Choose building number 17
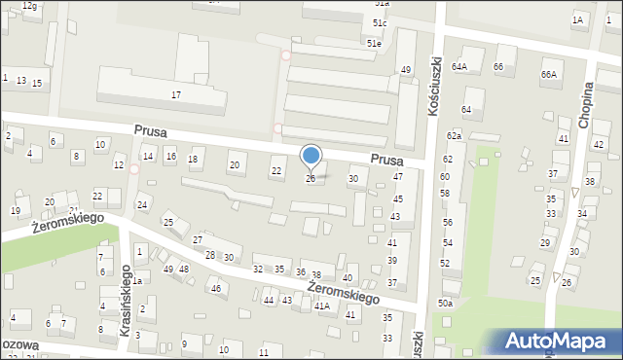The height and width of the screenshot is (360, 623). click(176, 94)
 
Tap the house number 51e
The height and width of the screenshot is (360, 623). click(374, 43)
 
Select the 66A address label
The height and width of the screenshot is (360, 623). click(550, 74)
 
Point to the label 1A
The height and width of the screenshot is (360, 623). click(578, 19)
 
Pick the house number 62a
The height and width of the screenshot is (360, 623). click(454, 135)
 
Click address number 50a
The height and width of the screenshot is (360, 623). click(445, 304)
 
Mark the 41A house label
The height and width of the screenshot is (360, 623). click(321, 306)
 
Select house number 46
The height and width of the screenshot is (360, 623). click(216, 289)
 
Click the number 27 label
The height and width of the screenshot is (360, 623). click(198, 239)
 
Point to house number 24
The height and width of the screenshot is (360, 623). click(142, 204)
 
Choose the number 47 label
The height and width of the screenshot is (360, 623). click(398, 176)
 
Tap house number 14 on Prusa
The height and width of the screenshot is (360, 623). click(149, 156)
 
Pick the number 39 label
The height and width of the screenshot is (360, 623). click(392, 260)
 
